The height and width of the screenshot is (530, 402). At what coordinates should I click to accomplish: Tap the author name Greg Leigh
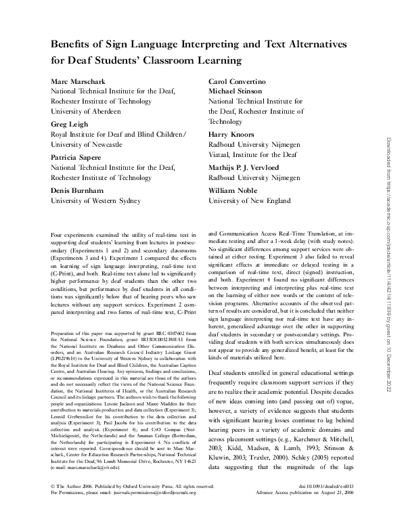click(x=70, y=125)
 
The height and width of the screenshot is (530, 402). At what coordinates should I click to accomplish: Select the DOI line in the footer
click(x=317, y=505)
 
